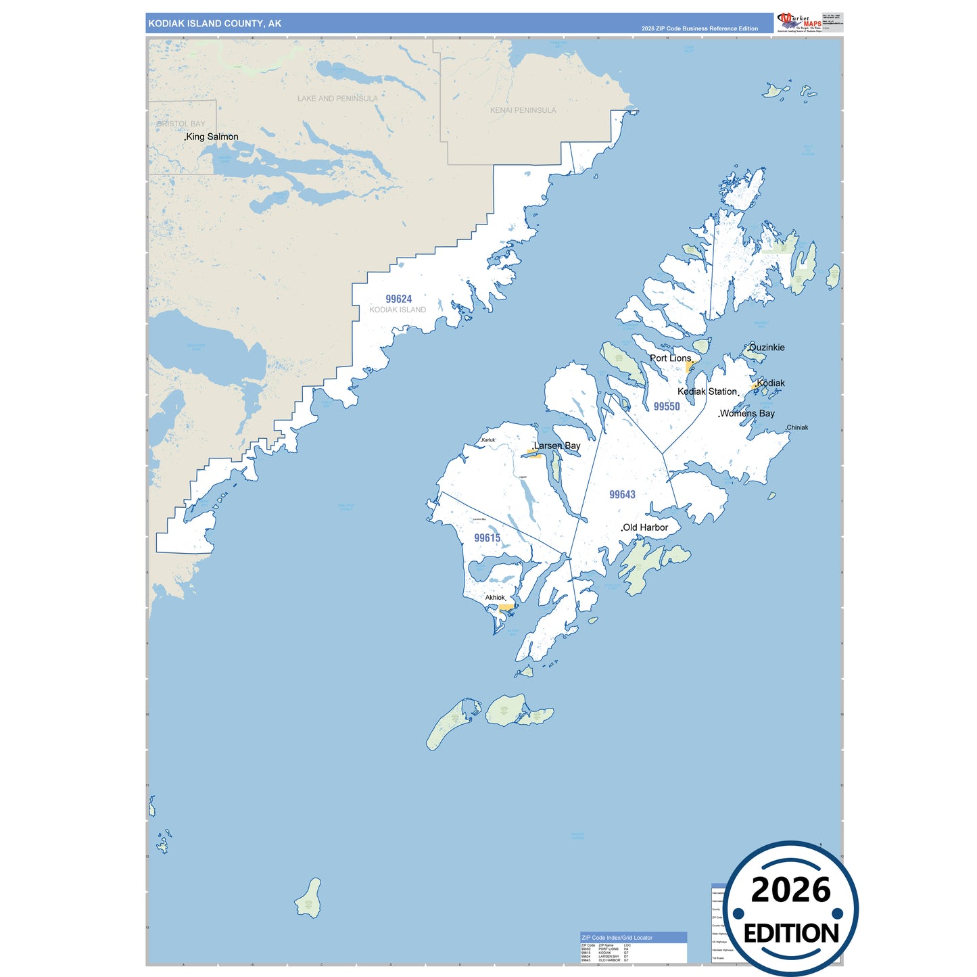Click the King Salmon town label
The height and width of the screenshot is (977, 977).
click(x=212, y=137)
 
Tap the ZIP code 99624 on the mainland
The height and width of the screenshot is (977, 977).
click(x=399, y=299)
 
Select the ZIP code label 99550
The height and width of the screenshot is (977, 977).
click(x=667, y=406)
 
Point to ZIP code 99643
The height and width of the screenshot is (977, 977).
click(x=622, y=494)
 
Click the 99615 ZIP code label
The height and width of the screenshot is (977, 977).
click(x=487, y=538)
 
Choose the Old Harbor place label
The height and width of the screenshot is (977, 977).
click(x=645, y=527)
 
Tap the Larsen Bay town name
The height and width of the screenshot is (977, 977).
click(x=557, y=446)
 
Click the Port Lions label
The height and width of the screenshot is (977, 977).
click(x=671, y=358)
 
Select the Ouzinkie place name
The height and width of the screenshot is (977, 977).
click(x=767, y=348)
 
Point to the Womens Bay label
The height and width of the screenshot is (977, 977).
click(x=747, y=413)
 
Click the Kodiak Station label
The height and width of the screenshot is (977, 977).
click(x=707, y=391)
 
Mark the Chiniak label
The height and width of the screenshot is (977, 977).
click(x=797, y=427)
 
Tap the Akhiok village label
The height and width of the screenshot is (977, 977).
click(x=495, y=598)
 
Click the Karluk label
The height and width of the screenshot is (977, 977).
click(x=488, y=440)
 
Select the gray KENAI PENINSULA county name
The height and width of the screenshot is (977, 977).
click(x=523, y=110)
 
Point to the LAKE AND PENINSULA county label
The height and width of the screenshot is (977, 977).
click(x=337, y=99)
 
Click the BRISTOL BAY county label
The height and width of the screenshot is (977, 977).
click(x=181, y=124)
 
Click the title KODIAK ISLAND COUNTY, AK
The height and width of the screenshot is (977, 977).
click(x=215, y=24)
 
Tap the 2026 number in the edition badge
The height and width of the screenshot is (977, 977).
click(x=790, y=890)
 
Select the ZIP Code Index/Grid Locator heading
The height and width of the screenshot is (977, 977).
click(x=617, y=938)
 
